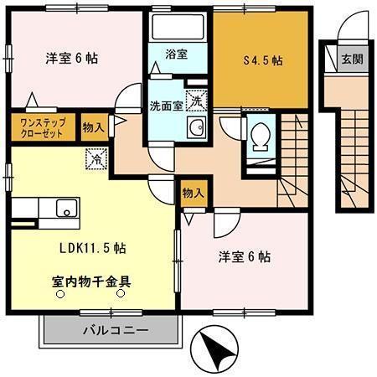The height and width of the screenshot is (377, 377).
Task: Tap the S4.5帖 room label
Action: [x=262, y=60]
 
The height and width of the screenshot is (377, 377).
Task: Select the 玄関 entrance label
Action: [x=351, y=60]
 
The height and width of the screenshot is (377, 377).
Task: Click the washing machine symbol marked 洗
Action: [x=195, y=100]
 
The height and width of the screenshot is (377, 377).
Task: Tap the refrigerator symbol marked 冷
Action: [x=94, y=156]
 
